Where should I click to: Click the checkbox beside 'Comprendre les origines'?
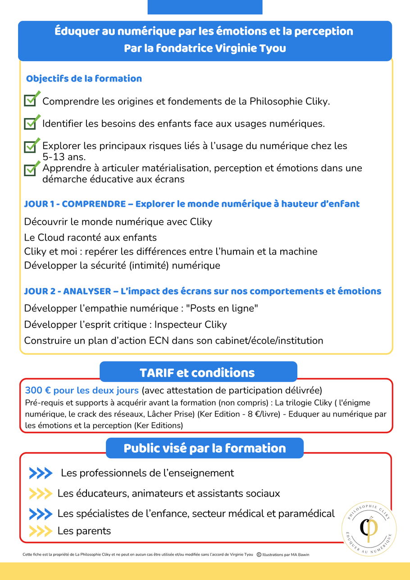point(30,100)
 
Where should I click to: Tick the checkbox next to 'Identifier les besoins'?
point(30,123)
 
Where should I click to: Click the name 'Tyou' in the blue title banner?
point(272,48)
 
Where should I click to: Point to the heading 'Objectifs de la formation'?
point(84,78)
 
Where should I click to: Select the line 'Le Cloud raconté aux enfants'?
point(91,237)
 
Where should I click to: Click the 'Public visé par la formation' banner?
point(205,448)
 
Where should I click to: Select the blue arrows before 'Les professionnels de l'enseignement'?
point(41,473)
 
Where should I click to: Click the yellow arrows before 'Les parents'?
point(41,531)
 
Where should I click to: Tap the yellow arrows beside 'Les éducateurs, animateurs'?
point(41,493)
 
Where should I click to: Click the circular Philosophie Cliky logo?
point(369,529)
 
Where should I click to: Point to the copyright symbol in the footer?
point(259,555)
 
